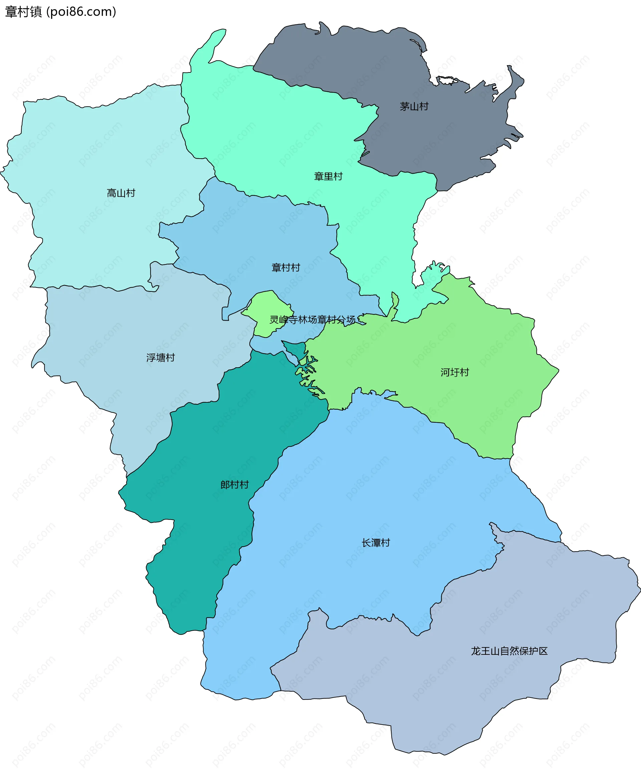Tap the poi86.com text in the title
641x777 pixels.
81,12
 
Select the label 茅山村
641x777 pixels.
414,107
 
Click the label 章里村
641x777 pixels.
328,177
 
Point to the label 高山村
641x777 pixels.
121,193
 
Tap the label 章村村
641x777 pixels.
286,268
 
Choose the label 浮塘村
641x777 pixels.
160,358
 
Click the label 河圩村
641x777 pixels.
454,373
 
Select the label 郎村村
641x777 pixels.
234,485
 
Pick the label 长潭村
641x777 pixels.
376,543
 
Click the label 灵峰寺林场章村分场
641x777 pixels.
312,320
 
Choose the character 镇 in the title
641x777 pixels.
36,12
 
